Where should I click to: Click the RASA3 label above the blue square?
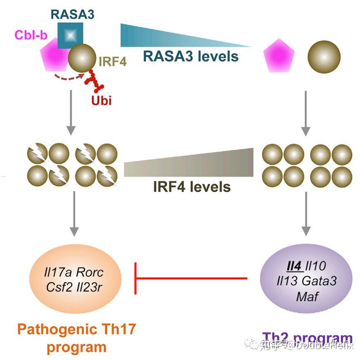73,14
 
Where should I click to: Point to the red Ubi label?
101,100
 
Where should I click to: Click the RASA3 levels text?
191,56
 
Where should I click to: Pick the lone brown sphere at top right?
324,57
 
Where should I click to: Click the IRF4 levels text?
192,187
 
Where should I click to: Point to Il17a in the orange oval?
57,272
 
